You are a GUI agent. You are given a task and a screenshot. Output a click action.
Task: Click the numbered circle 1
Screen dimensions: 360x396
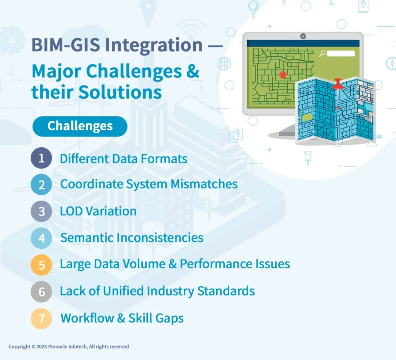[41, 158]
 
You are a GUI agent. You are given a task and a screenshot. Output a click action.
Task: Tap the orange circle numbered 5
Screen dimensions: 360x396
[41, 265]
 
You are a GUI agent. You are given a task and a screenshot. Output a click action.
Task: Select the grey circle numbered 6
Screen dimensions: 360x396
[41, 291]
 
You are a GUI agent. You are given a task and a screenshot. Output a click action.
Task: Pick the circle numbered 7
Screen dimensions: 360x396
[41, 318]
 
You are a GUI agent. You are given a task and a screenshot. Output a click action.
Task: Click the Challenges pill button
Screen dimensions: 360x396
[80, 126]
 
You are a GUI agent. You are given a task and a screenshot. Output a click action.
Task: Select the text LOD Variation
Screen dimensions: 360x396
[98, 211]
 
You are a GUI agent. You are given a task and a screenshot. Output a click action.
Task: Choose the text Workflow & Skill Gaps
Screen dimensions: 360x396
[122, 318]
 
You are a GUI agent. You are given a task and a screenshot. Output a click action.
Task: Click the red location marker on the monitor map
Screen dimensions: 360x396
[283, 75]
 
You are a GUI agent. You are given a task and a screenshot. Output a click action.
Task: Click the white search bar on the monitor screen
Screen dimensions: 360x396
[340, 54]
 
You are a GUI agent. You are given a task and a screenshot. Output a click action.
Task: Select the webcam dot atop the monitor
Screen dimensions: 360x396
[303, 36]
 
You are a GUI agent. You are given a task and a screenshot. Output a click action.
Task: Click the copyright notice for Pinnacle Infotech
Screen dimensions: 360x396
[69, 346]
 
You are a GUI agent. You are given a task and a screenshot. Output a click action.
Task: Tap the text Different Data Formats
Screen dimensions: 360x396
[123, 159]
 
